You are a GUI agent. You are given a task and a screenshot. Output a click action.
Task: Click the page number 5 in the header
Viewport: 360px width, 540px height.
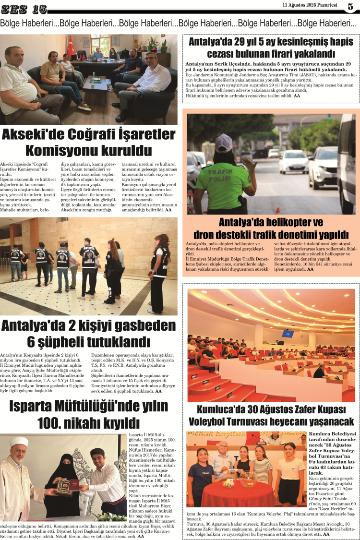[x=350, y=7]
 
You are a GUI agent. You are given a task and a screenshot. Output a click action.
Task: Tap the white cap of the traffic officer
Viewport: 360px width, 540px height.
[x=224, y=142]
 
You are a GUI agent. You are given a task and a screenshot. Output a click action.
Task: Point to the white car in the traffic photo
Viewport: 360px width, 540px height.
[x=293, y=161]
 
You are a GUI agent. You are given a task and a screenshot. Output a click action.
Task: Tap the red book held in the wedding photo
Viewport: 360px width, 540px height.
[x=65, y=486]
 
